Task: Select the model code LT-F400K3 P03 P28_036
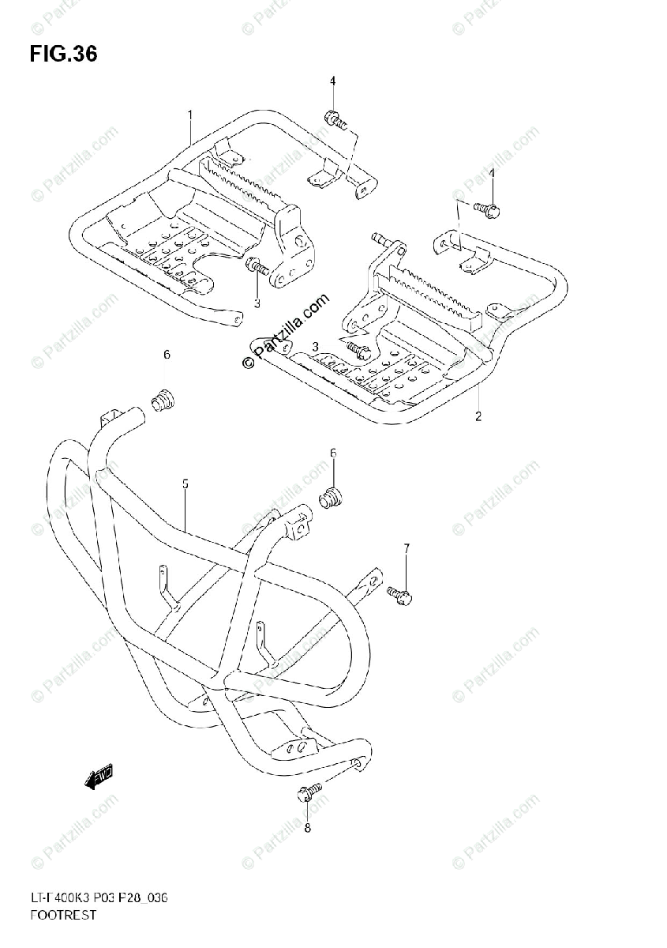click(x=99, y=900)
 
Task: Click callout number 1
click(x=190, y=115)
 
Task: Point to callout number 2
click(x=478, y=416)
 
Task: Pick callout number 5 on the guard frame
click(x=185, y=483)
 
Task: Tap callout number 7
click(x=407, y=547)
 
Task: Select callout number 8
click(x=308, y=828)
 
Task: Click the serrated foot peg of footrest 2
click(x=430, y=299)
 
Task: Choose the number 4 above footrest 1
click(x=332, y=81)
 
